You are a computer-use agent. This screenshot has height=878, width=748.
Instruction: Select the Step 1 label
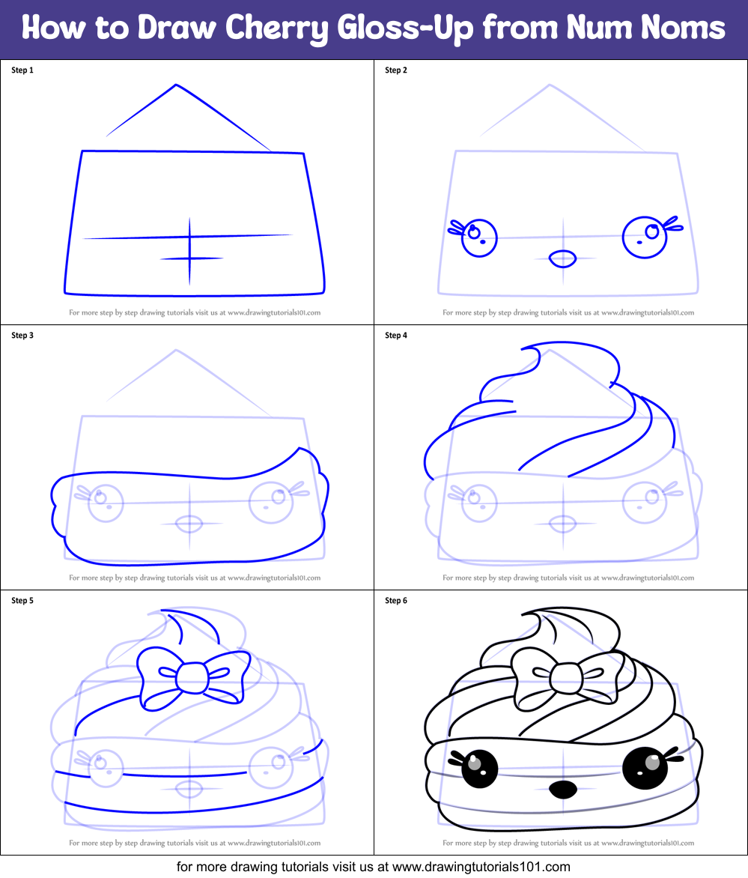click(x=22, y=70)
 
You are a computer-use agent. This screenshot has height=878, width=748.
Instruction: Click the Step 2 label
click(x=396, y=70)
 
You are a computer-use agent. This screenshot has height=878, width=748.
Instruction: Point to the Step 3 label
click(x=22, y=336)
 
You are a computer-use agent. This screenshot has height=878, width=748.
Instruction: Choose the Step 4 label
click(x=396, y=336)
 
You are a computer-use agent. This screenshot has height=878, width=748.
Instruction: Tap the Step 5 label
click(x=22, y=601)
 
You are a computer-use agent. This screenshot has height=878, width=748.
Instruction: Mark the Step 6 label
click(x=396, y=601)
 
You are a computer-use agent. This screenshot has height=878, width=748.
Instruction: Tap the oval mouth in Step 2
click(x=562, y=259)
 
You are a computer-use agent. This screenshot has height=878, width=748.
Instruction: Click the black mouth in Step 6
click(x=562, y=789)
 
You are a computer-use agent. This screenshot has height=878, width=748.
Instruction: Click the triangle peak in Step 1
click(x=176, y=85)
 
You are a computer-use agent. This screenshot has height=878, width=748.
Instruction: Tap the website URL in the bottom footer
click(x=481, y=867)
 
